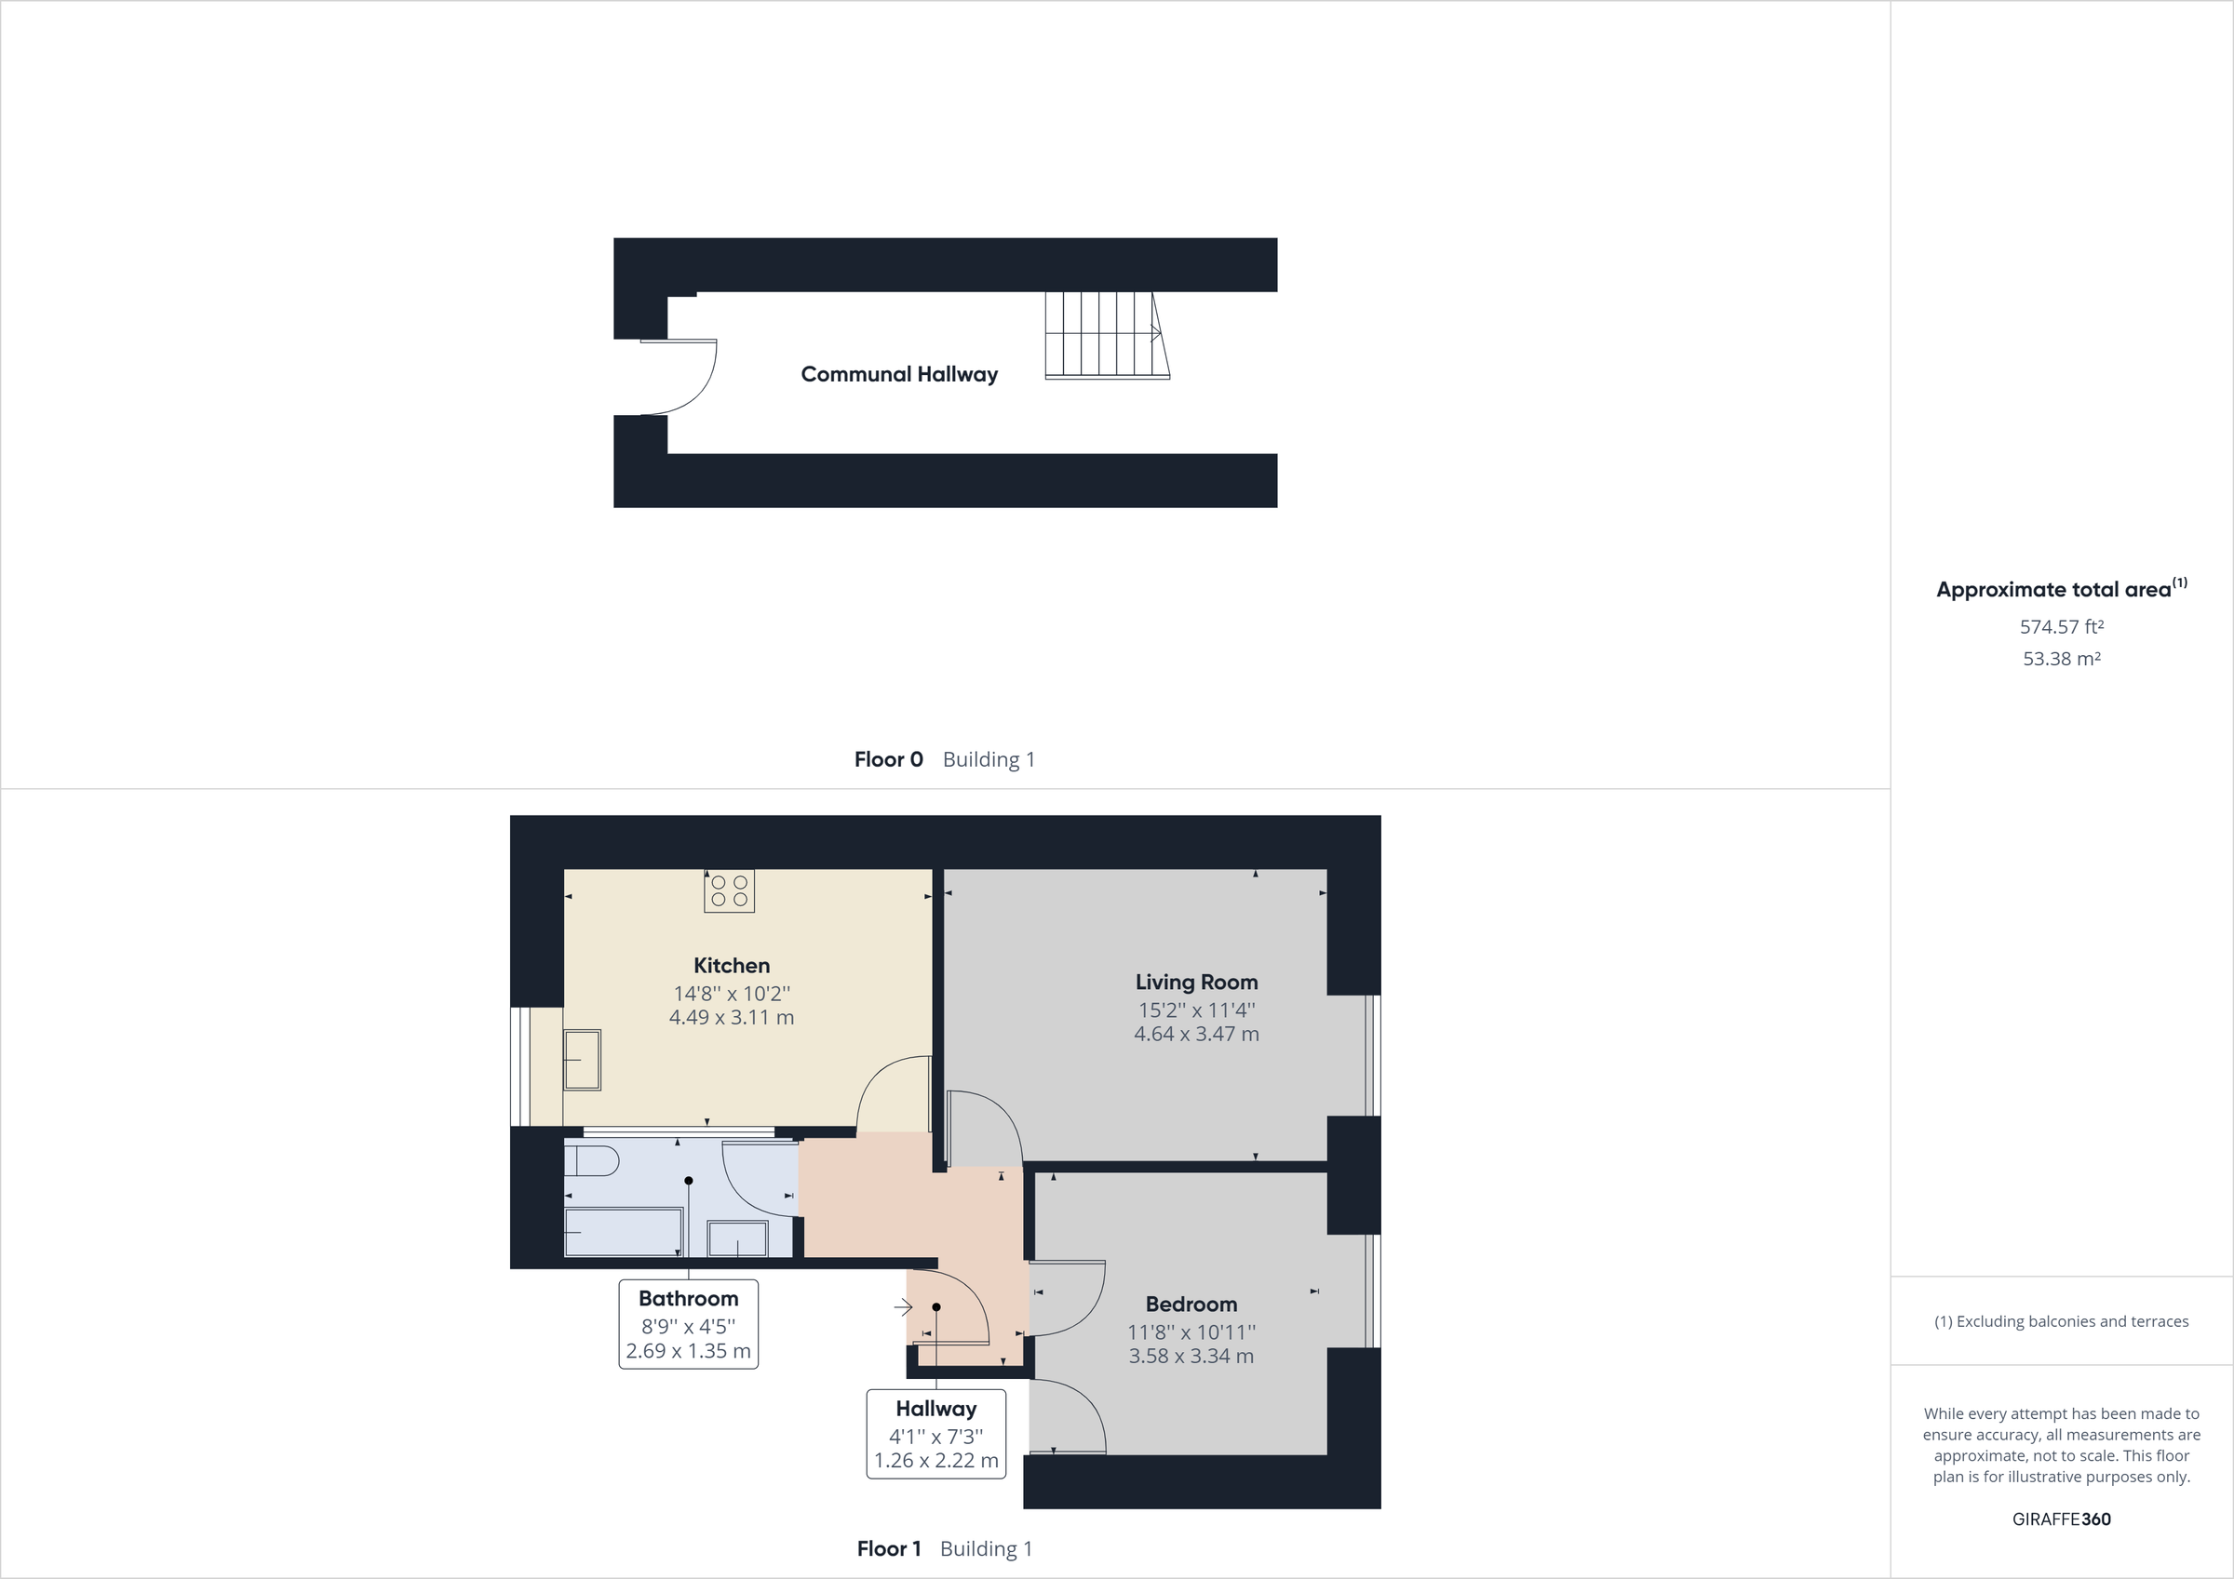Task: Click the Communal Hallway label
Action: tap(899, 375)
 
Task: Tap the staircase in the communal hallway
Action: tap(1105, 334)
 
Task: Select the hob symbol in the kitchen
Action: tap(729, 891)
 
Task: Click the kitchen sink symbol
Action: tap(583, 1060)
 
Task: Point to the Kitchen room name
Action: tap(732, 966)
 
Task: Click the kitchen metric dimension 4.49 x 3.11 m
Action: tap(732, 1018)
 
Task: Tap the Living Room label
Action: tap(1196, 983)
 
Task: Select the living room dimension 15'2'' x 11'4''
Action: tap(1196, 1010)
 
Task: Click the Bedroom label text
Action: tap(1191, 1305)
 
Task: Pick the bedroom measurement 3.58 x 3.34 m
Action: tap(1191, 1357)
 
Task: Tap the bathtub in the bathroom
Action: tap(624, 1233)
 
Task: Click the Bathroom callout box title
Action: tap(688, 1299)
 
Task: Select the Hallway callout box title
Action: tap(936, 1409)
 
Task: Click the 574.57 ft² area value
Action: tap(2061, 627)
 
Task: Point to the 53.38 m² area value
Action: tap(2061, 659)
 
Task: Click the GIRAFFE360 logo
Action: tap(2061, 1519)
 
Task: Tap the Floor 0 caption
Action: tap(888, 760)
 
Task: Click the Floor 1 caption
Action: tap(888, 1549)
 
